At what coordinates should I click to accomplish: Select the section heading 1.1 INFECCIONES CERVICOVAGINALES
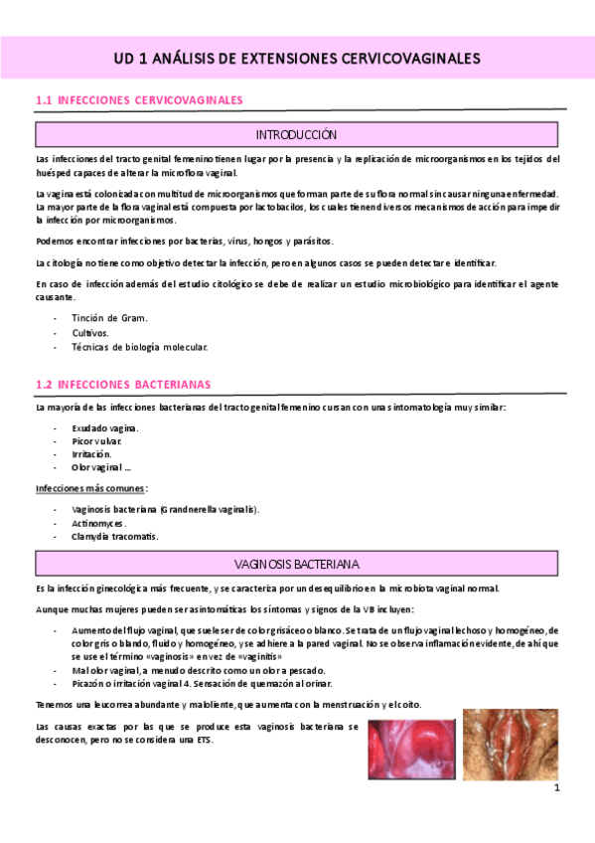click(x=139, y=100)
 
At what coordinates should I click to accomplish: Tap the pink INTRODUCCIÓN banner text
click(x=297, y=134)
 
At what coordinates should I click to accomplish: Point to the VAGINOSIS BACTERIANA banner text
click(x=297, y=563)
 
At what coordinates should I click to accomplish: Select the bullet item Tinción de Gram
click(x=109, y=317)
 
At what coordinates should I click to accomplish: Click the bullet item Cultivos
click(x=90, y=332)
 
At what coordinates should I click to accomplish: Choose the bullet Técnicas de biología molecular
click(x=140, y=347)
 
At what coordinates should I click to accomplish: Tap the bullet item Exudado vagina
click(x=105, y=427)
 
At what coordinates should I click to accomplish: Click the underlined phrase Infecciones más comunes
click(x=90, y=488)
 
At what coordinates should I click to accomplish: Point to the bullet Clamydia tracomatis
click(x=115, y=536)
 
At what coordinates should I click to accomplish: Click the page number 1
click(x=557, y=787)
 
